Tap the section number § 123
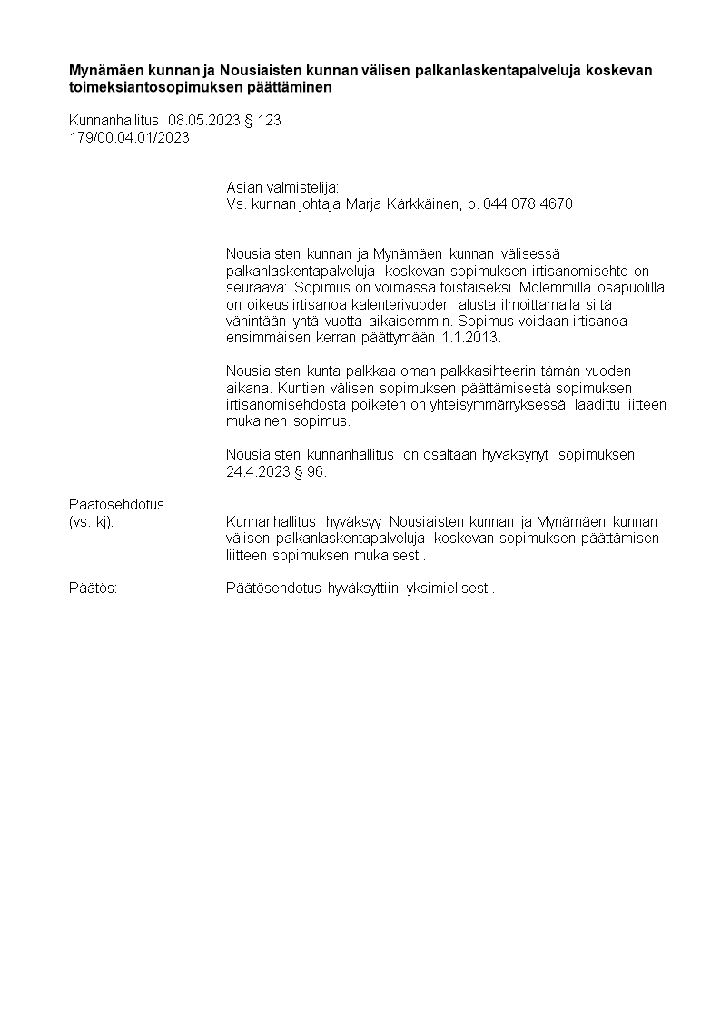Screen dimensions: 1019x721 click(x=262, y=120)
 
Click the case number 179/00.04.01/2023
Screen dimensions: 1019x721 click(x=129, y=137)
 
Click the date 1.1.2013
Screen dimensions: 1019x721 click(x=471, y=337)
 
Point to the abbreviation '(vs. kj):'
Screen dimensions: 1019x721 click(x=91, y=521)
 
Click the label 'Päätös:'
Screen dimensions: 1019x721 click(x=93, y=589)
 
